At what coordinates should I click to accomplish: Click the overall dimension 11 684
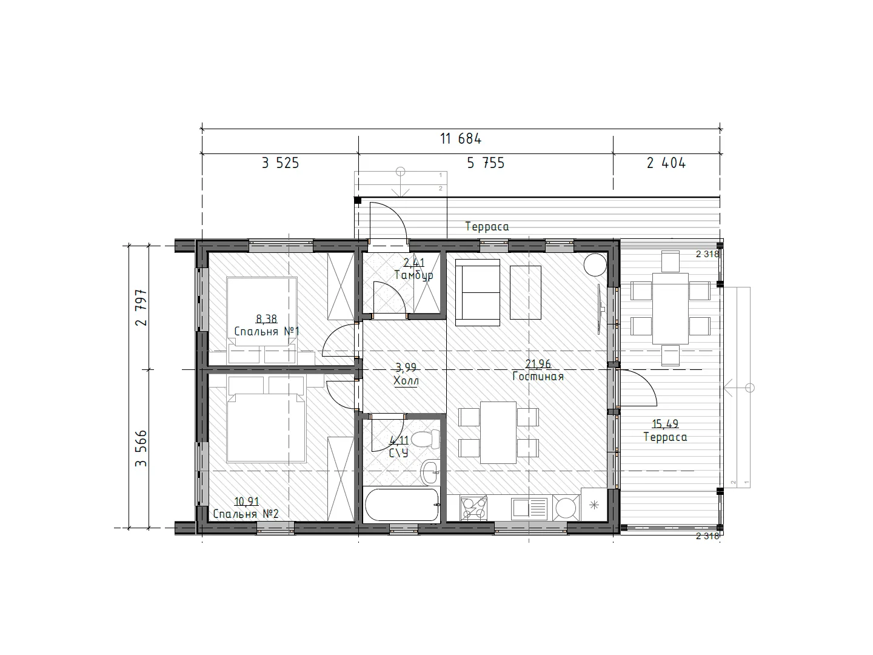(x=461, y=139)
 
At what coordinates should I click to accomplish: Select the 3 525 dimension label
(x=281, y=163)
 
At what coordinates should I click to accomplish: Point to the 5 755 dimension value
(x=486, y=163)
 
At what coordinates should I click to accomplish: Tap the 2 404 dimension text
(x=666, y=163)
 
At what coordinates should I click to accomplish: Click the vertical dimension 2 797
(x=141, y=307)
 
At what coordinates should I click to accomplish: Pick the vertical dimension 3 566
(x=141, y=448)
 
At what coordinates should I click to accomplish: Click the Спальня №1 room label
(x=267, y=331)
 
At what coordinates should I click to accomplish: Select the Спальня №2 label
(x=246, y=514)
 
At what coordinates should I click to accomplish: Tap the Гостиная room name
(x=538, y=376)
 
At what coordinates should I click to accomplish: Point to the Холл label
(x=406, y=381)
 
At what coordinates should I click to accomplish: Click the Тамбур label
(x=413, y=275)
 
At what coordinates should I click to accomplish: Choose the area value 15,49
(x=665, y=424)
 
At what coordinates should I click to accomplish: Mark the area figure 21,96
(x=538, y=363)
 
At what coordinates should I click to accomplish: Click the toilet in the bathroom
(x=425, y=439)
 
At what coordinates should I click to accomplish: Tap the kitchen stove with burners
(x=473, y=508)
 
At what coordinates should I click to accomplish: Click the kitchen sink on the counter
(x=529, y=508)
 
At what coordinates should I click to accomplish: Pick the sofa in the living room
(x=478, y=292)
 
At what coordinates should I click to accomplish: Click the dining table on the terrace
(x=670, y=308)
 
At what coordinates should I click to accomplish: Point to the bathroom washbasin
(x=430, y=472)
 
